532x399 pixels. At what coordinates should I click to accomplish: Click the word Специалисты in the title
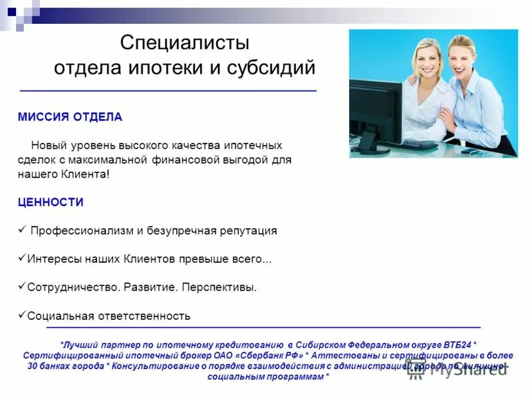pyautogui.click(x=185, y=43)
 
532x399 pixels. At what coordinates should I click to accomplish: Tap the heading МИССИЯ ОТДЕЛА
pyautogui.click(x=70, y=117)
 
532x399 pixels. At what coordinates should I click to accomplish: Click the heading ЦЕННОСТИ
pyautogui.click(x=51, y=202)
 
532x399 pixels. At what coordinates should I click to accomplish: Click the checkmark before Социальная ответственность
pyautogui.click(x=21, y=315)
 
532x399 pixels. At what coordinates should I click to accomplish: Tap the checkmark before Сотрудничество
pyautogui.click(x=21, y=287)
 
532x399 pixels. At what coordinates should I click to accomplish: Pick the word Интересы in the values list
pyautogui.click(x=49, y=259)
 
